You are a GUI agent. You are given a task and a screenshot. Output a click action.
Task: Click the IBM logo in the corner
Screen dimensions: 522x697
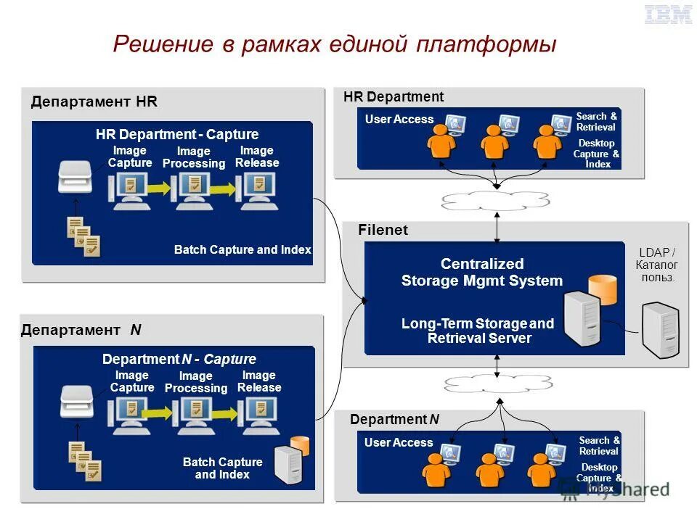[x=668, y=14]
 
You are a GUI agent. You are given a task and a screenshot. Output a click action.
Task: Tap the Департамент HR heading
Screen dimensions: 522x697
[x=94, y=101]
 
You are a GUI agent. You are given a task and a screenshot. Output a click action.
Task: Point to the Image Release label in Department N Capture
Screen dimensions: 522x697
[x=259, y=381]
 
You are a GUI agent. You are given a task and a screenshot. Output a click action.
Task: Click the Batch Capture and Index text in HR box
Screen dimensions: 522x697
[x=242, y=250]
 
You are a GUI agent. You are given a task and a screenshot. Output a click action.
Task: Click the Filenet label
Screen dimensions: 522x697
[x=383, y=230]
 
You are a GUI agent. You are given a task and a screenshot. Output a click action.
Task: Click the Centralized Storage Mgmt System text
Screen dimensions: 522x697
[x=482, y=273]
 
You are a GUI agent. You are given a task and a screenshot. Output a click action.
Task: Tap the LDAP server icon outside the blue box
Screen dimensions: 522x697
[x=660, y=329]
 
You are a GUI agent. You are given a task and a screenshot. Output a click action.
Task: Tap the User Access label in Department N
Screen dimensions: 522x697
[x=399, y=443]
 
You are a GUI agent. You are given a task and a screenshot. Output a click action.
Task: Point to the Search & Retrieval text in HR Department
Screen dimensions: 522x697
[x=596, y=122]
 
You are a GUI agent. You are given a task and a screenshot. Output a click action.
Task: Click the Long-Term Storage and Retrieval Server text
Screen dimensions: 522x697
[x=478, y=331]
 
